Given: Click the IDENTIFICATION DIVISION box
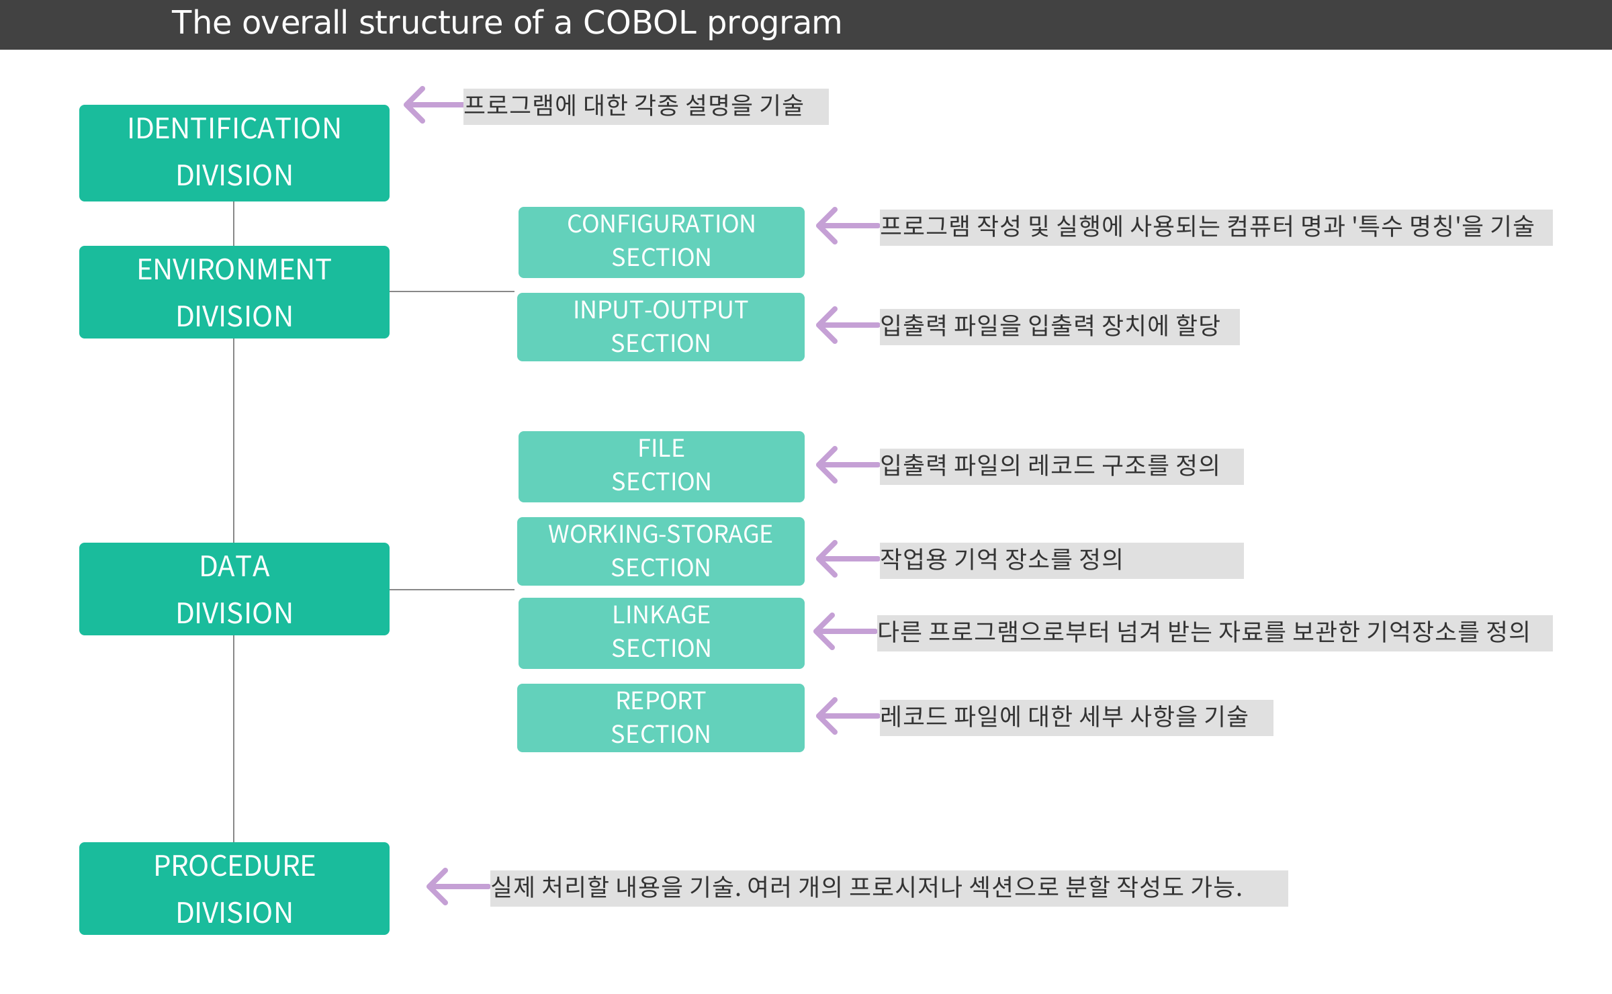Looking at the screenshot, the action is click(234, 153).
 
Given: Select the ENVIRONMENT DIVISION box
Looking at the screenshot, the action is click(234, 292).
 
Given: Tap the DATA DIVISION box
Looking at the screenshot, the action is click(234, 589).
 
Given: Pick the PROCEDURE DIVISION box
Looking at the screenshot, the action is click(234, 889).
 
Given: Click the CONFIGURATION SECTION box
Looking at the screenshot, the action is click(662, 242).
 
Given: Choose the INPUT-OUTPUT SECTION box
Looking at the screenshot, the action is click(661, 327).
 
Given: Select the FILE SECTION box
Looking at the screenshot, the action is click(662, 467).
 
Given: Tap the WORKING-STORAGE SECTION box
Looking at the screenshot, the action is click(661, 551).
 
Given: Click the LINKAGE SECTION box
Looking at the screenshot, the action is click(662, 633).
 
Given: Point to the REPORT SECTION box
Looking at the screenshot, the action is click(661, 718).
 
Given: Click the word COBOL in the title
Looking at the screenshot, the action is click(640, 23).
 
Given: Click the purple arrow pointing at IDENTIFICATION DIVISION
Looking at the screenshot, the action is click(434, 105).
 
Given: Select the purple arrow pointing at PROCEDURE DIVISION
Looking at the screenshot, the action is click(458, 887).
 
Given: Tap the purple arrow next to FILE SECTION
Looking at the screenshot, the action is click(848, 465).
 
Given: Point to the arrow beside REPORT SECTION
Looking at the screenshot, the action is click(848, 716).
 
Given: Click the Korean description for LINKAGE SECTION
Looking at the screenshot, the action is click(1204, 632).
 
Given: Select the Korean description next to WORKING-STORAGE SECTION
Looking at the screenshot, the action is click(1001, 559).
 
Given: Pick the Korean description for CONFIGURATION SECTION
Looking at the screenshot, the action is click(1207, 226).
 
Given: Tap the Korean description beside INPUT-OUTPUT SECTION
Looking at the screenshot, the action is click(1050, 326).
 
